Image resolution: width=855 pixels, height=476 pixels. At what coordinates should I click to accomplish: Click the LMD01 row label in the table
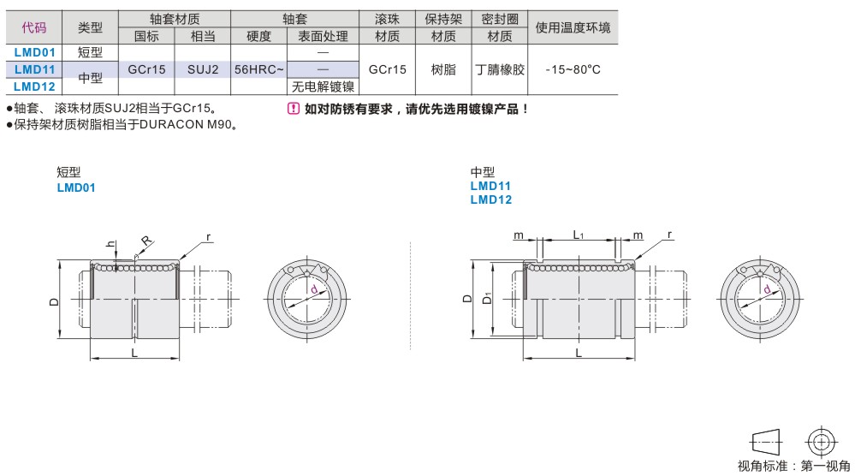click(35, 52)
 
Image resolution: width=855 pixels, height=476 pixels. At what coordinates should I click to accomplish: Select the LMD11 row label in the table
click(35, 69)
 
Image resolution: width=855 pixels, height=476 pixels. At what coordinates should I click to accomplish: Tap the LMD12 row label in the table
click(35, 86)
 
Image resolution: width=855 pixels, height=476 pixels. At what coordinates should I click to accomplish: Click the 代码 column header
click(34, 27)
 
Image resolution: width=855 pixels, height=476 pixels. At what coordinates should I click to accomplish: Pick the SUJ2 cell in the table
click(203, 69)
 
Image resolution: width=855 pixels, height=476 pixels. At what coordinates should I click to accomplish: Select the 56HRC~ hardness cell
click(258, 69)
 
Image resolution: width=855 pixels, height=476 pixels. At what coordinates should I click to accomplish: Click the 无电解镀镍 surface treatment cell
click(324, 86)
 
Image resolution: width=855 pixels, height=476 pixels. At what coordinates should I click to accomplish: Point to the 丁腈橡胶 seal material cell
click(500, 69)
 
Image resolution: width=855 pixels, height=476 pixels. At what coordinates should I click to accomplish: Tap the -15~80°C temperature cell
click(573, 69)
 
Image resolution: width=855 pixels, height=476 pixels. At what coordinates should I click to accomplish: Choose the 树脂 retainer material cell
click(442, 69)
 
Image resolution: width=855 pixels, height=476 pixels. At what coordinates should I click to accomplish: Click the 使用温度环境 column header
click(573, 27)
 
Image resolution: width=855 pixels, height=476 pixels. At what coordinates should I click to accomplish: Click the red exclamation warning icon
click(293, 109)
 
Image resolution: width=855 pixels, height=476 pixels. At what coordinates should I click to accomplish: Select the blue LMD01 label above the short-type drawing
click(75, 187)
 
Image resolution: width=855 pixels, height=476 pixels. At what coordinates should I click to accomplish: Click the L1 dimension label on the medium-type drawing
click(579, 235)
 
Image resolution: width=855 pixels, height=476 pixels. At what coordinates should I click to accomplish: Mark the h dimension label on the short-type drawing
click(110, 244)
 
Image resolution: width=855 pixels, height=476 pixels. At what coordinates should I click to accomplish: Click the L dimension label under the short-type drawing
click(134, 353)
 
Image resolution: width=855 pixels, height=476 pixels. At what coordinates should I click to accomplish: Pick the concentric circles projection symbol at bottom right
click(821, 442)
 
